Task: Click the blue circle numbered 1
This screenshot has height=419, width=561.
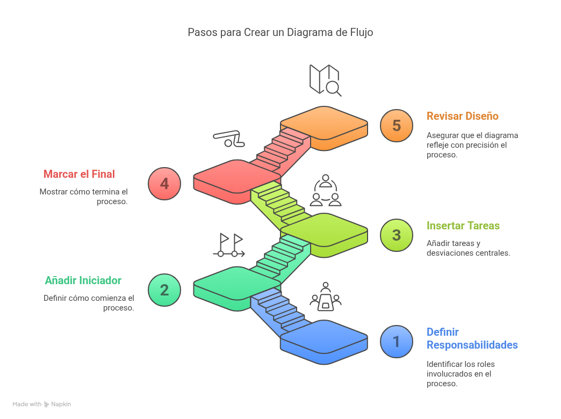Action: coord(397,342)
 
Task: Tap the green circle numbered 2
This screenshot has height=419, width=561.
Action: coord(164,290)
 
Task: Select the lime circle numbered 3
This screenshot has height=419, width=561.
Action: coord(397,235)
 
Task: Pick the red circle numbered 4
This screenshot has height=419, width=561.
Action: coord(164,184)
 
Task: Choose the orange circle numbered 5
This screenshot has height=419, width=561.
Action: coord(397,126)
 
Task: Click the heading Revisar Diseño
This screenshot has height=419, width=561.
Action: coord(462,116)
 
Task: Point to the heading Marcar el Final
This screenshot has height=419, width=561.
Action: coord(79,174)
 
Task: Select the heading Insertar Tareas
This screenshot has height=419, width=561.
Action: coord(463,226)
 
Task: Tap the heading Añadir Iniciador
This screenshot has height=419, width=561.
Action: coord(83,280)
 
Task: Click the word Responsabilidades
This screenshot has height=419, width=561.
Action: coord(472,345)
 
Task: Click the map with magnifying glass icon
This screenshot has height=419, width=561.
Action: coord(325,80)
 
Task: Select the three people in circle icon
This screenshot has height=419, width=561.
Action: coord(326,191)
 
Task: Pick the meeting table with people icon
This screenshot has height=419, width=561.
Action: coord(326,297)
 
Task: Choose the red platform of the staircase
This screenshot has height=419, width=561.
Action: coord(236,177)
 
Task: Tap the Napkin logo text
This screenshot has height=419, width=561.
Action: coord(61,404)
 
